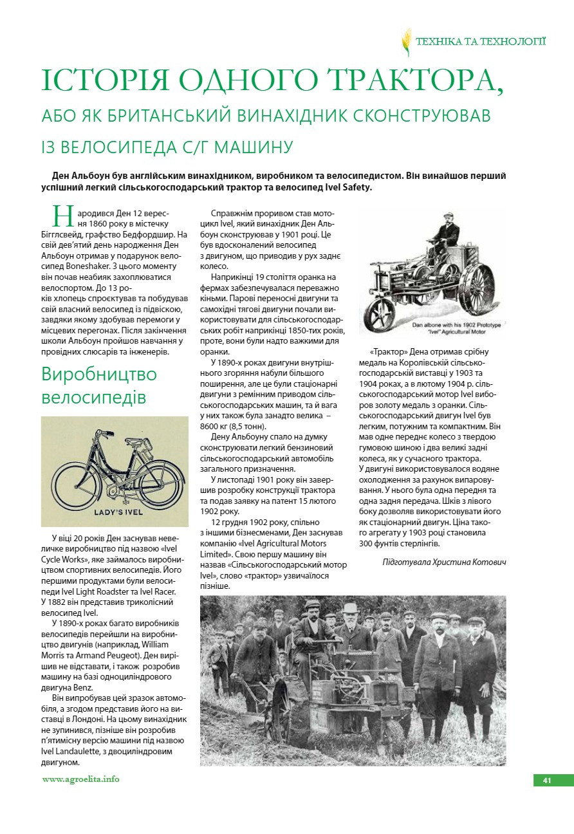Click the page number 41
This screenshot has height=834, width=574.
[x=547, y=781]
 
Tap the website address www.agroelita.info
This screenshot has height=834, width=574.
[x=80, y=779]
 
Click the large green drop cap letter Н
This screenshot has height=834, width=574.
[x=62, y=216]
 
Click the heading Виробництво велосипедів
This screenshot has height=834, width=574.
[x=99, y=385]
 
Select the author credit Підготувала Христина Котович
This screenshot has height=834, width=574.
[x=444, y=562]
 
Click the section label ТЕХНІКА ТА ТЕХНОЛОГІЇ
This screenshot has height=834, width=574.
[x=481, y=42]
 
